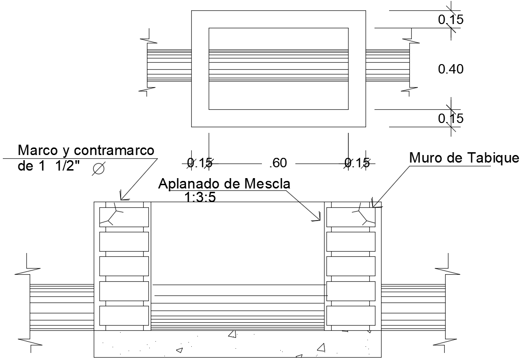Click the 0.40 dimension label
coord(451,69)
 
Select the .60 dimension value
coord(278,163)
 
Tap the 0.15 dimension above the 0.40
coord(451,20)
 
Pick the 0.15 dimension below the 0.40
coord(451,118)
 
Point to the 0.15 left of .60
coord(199,163)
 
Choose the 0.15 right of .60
coord(357,163)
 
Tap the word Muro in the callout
coord(423,158)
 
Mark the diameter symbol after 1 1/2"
coord(98,169)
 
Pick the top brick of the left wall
coord(124,216)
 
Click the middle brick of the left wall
coord(124,266)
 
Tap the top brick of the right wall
coord(350,216)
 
